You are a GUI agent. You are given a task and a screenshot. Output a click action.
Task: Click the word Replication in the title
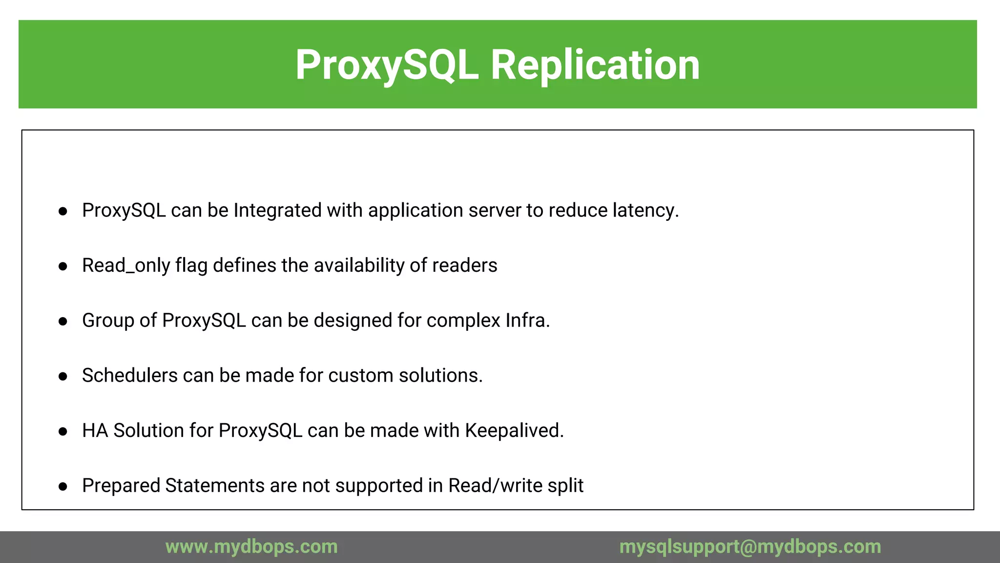point(595,65)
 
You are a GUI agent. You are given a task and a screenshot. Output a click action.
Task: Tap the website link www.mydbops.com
point(251,546)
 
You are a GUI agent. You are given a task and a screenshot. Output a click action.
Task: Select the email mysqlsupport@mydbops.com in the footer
point(750,546)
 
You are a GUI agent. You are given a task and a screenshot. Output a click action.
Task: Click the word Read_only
point(126,266)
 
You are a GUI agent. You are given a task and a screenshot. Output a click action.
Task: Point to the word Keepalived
point(514,431)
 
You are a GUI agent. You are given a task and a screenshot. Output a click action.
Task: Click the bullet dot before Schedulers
point(62,376)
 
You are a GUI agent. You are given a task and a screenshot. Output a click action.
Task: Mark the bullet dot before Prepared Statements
point(62,486)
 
